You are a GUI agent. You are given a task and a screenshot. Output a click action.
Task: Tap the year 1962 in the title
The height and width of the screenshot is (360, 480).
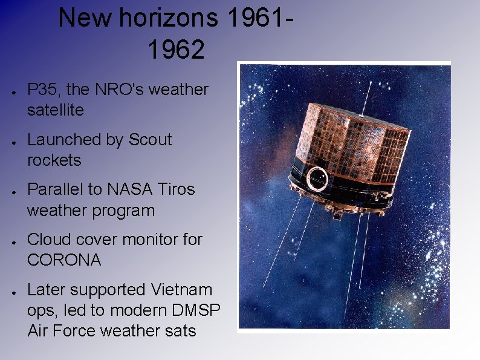coord(176,50)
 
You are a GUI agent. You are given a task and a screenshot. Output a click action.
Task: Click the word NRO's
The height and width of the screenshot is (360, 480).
coord(118,90)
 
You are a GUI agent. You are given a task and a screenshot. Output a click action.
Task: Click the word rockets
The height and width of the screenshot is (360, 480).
coord(54,160)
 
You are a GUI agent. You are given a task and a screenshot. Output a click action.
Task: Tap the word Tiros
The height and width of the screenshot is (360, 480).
coord(177,189)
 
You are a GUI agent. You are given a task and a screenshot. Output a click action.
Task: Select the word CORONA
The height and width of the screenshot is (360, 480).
coord(64,260)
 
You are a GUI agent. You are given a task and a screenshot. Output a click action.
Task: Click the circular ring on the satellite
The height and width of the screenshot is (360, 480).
coord(317,179)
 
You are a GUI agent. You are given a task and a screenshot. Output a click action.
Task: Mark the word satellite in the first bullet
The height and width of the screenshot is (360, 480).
coord(55,110)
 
